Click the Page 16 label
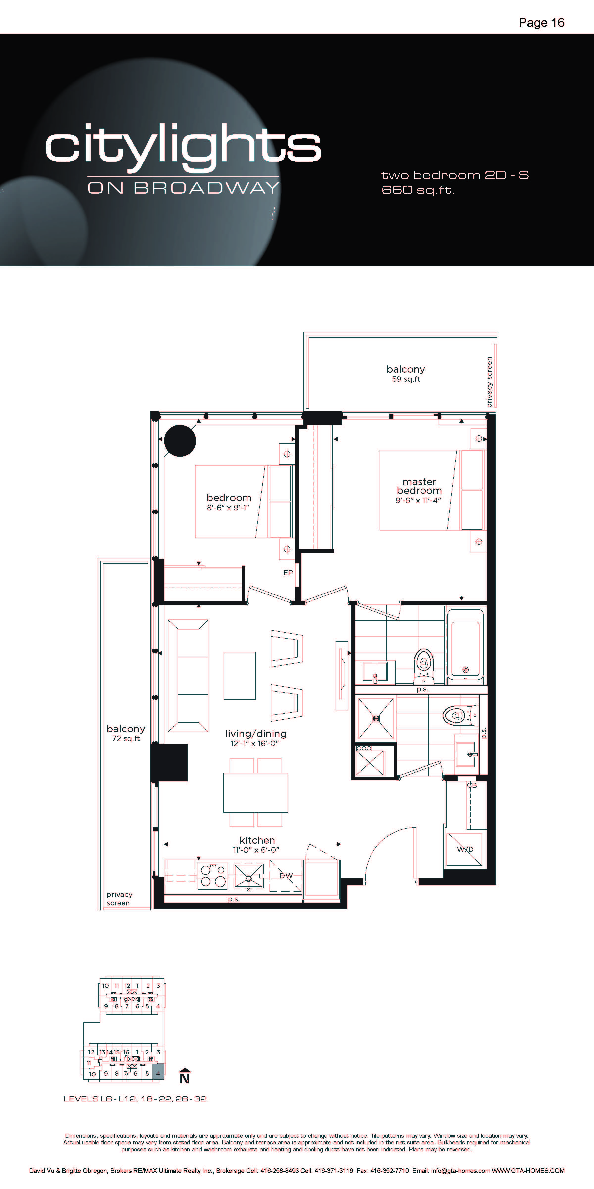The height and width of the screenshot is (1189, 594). pos(542,23)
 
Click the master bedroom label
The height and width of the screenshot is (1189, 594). pos(419,486)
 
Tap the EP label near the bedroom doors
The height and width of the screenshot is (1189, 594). pos(288,573)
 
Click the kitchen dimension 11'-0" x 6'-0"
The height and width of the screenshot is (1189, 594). pos(256,850)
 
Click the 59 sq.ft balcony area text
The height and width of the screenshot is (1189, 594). pos(406,379)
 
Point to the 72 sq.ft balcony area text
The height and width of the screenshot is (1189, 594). pos(126,738)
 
